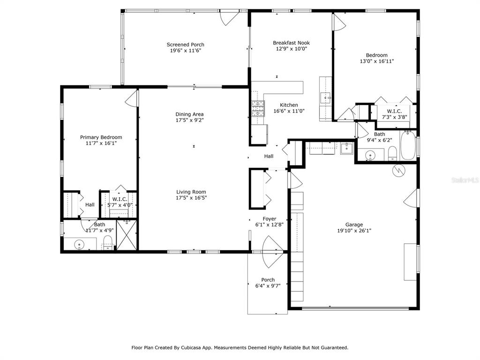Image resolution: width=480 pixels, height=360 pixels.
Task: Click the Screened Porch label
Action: click(x=185, y=45)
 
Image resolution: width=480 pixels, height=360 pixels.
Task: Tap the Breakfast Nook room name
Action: click(x=291, y=43)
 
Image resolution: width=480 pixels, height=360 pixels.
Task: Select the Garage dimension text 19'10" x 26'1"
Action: click(x=354, y=231)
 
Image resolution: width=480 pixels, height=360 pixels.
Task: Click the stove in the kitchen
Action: click(x=258, y=108)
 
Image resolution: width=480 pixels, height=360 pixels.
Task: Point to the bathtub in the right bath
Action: click(x=408, y=145)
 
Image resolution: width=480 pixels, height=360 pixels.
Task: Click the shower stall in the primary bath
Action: click(x=127, y=235)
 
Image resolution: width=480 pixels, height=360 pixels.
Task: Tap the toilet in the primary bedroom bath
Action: click(x=108, y=243)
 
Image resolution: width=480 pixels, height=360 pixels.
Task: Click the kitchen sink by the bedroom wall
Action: click(x=325, y=98)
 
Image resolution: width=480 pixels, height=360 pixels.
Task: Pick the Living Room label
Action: click(x=191, y=192)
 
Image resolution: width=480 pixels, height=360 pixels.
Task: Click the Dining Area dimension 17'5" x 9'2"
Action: click(x=189, y=120)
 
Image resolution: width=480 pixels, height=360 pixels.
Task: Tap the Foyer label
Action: click(x=270, y=218)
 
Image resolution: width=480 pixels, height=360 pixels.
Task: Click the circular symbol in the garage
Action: click(x=398, y=170)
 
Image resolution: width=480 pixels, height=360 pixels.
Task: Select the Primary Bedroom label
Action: click(x=101, y=137)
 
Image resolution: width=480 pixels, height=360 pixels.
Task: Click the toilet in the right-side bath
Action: click(x=392, y=153)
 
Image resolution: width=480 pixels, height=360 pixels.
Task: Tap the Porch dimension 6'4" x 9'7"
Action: click(x=268, y=285)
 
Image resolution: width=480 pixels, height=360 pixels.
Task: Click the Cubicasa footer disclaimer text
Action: click(x=240, y=347)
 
